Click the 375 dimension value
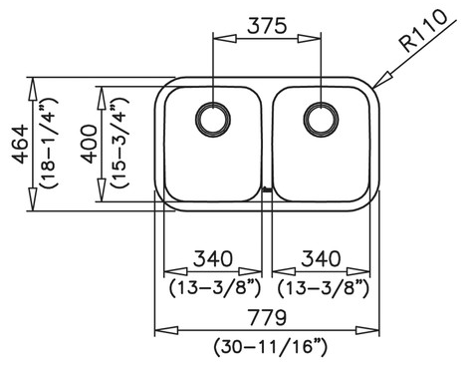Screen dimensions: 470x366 tap(267, 26)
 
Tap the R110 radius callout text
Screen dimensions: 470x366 tap(423, 31)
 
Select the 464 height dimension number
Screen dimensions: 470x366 tap(21, 144)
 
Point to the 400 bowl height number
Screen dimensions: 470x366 tap(90, 144)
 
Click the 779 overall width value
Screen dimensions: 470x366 tap(267, 317)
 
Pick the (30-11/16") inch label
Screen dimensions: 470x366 tap(270, 347)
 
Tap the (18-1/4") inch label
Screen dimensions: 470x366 tap(49, 144)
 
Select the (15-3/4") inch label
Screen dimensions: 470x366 tap(119, 144)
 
